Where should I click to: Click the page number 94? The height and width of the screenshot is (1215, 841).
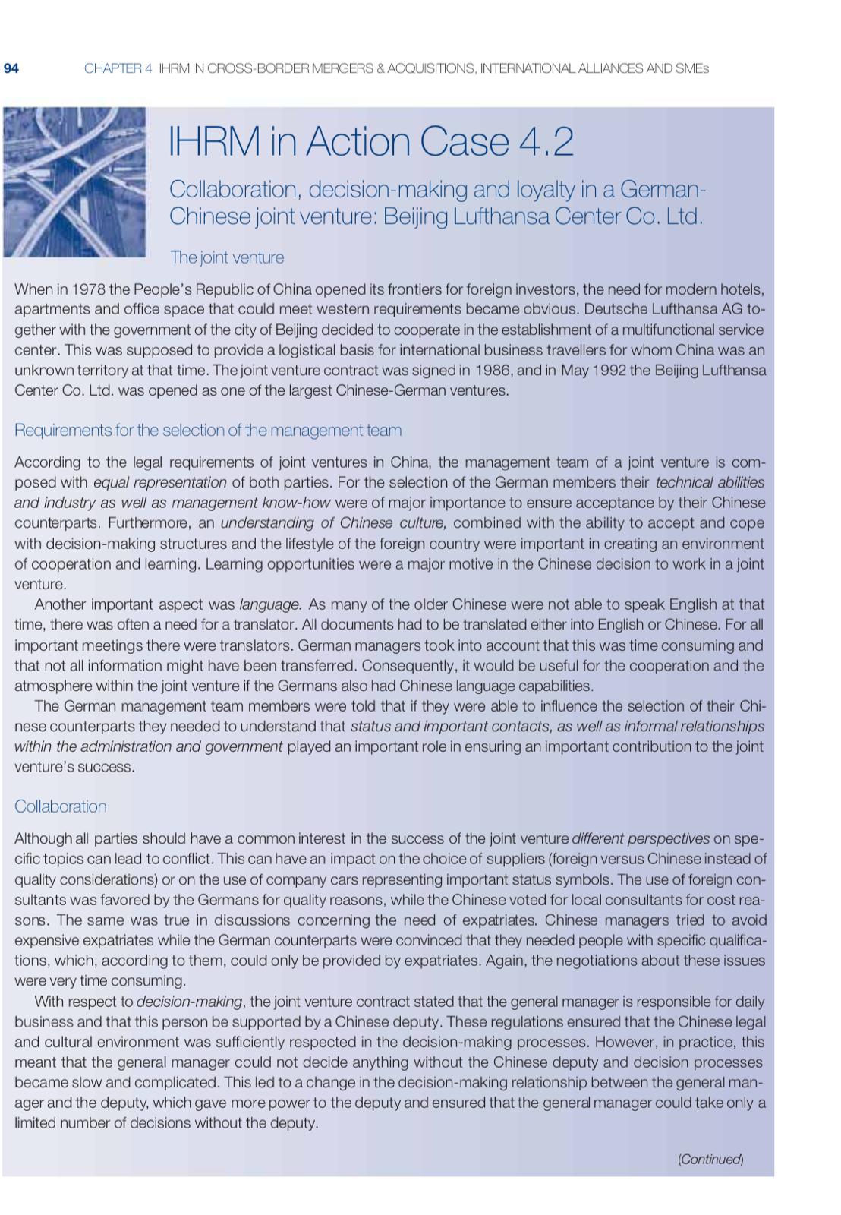coord(11,68)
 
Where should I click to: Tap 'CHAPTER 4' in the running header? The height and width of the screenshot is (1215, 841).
coord(118,68)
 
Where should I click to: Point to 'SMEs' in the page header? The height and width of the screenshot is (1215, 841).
coord(693,68)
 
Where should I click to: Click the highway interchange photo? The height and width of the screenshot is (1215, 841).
coord(74,181)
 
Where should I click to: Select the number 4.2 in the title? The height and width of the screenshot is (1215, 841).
coord(541,142)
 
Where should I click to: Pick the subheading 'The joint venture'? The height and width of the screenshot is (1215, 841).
coord(227,257)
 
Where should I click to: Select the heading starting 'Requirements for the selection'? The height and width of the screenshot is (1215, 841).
coord(208,431)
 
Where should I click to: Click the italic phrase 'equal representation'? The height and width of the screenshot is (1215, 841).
coord(159,482)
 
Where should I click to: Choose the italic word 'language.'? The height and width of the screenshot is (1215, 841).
coord(271,604)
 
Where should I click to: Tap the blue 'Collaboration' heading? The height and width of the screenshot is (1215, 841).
coord(61,806)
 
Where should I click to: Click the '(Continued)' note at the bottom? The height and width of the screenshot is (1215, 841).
coord(710,1159)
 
